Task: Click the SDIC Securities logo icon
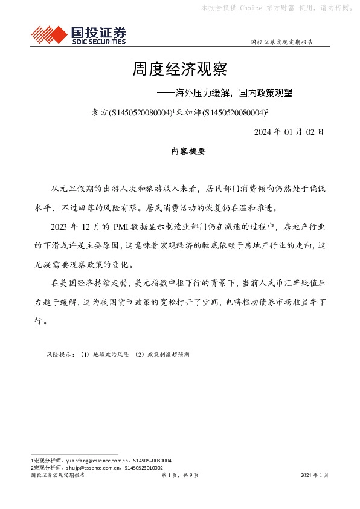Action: [46, 34]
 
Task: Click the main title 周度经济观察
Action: [179, 70]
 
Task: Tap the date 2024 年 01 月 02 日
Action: [289, 131]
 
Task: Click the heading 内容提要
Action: [181, 152]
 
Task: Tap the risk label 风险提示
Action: [60, 355]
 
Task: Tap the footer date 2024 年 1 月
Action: [315, 476]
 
